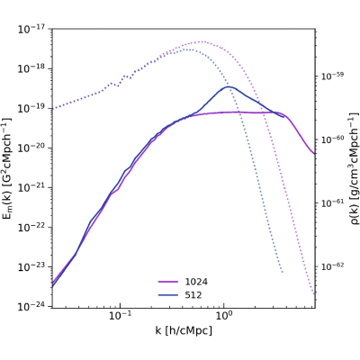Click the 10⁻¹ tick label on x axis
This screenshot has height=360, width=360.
click(121, 316)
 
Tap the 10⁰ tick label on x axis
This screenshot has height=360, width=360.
click(223, 316)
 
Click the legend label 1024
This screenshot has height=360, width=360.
click(196, 282)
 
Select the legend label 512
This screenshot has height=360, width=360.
click(193, 295)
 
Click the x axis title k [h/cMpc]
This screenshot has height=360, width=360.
click(184, 331)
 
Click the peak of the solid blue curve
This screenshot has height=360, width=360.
click(228, 86)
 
